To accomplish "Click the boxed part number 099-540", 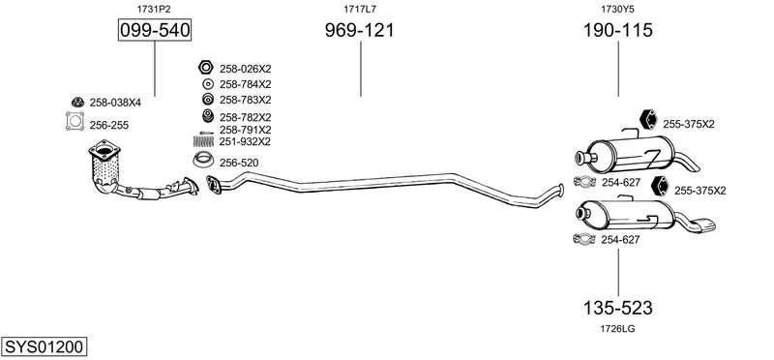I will point(155,31).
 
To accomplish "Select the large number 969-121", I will point(359,31).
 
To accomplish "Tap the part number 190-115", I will point(617,31).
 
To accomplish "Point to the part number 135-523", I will point(617,308).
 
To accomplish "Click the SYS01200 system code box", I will point(45,345).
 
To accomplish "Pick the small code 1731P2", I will point(155,9).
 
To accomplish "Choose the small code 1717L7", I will point(359,9).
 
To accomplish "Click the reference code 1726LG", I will point(617,329).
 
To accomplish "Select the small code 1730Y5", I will point(617,9).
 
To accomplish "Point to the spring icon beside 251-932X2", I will point(203,141).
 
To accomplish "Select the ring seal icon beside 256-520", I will point(203,160).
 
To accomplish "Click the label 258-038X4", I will point(115,102).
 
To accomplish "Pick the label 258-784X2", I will point(245,85).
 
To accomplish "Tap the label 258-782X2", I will point(245,116).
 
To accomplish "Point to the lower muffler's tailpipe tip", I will point(704,225).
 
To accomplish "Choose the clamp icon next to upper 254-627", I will point(583,181).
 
